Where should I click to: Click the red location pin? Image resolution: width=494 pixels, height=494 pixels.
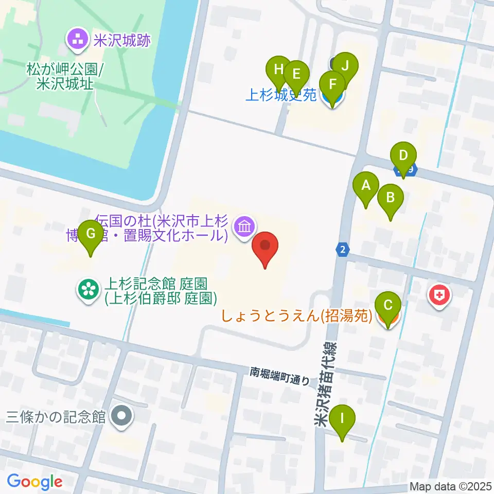pos(266,248)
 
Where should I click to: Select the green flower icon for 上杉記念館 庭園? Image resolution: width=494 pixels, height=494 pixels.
pos(88,290)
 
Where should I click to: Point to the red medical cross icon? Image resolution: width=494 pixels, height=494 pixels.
pos(440,296)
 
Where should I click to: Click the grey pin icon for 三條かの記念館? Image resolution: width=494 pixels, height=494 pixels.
pos(122,416)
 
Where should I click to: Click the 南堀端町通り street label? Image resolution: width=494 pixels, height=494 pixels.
pos(280,376)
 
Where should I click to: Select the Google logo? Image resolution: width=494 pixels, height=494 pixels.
pos(34,482)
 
